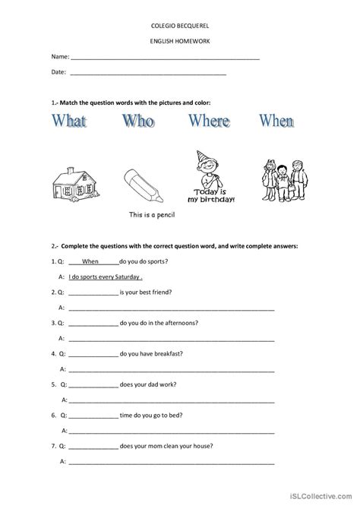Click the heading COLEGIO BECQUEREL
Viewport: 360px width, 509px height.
(180, 24)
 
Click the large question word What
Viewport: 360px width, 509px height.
(79, 122)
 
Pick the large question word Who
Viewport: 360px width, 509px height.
(143, 122)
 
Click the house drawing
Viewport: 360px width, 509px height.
(77, 182)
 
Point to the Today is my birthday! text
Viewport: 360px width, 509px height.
(214, 197)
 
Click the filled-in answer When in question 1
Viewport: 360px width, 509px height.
(90, 261)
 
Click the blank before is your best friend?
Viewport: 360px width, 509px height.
(93, 292)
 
